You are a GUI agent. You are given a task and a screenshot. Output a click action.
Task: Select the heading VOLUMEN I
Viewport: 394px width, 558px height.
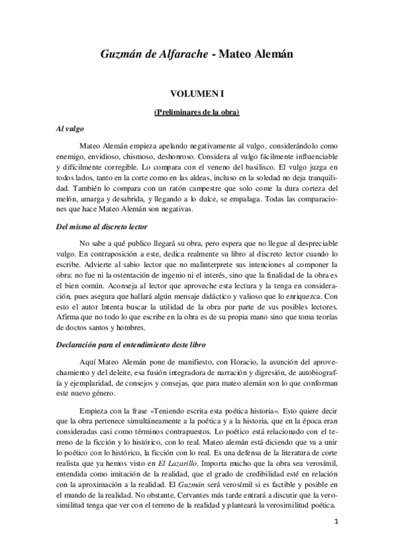point(197,95)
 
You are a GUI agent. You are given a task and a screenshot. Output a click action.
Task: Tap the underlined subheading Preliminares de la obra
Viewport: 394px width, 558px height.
point(197,113)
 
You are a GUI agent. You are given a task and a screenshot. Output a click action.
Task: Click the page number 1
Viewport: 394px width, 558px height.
point(335,521)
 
